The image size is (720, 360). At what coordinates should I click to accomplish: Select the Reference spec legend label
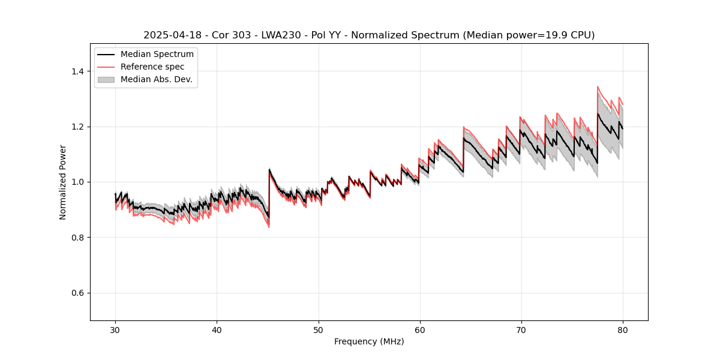click(152, 67)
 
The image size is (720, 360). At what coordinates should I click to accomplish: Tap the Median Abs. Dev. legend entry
click(156, 79)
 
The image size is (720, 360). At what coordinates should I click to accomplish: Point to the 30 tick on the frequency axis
click(115, 330)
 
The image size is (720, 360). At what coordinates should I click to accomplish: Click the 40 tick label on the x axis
click(217, 330)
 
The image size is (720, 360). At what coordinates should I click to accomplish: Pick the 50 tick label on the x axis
click(318, 330)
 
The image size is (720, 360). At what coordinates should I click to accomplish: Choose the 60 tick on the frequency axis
click(419, 330)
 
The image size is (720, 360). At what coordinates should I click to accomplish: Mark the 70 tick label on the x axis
click(521, 330)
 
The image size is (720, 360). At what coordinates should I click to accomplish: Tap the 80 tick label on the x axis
click(622, 330)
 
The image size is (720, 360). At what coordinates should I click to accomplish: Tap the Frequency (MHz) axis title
click(369, 341)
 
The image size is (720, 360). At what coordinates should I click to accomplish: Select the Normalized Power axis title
click(63, 182)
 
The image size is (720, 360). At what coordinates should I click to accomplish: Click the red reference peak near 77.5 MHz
click(598, 87)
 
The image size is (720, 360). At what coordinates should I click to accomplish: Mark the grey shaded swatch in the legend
click(106, 79)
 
